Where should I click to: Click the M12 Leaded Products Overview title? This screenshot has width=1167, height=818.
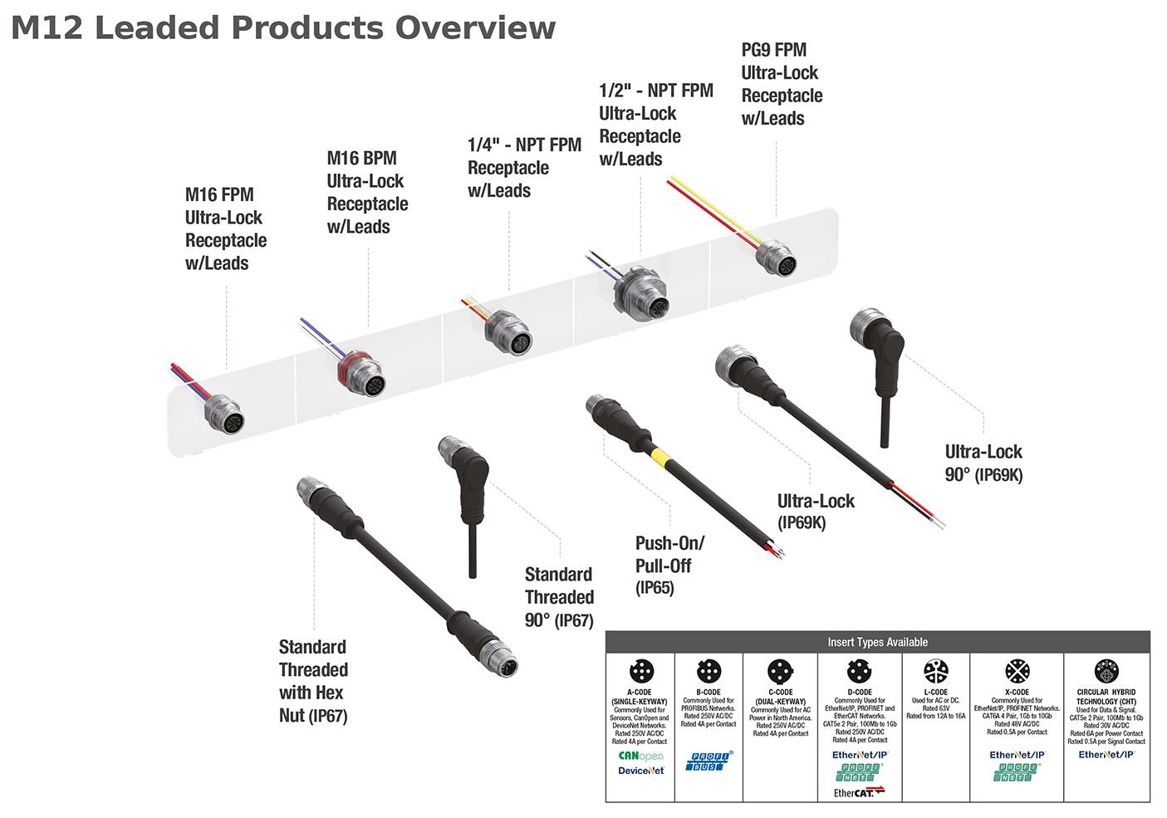pos(282,27)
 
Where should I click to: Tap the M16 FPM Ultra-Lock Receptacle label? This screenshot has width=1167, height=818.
pos(225,228)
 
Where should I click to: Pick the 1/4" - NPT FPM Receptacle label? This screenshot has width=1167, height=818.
pos(523,167)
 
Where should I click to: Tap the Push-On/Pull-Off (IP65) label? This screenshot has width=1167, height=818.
pos(669,565)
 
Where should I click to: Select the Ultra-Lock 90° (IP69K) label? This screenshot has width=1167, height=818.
pos(983,463)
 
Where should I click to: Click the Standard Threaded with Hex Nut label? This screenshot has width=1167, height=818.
pos(313,680)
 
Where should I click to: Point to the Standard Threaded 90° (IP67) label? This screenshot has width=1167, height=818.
pos(559,596)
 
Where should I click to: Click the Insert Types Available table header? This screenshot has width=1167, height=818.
pos(877,642)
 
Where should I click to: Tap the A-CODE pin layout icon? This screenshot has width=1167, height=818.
pos(640,671)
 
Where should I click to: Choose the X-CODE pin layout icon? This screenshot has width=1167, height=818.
pos(1017,671)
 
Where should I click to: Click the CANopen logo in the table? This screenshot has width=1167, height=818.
pos(640,756)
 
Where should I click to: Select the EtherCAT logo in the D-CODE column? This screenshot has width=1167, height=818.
pos(859,792)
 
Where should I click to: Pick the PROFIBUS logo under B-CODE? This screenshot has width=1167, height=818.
pos(709,760)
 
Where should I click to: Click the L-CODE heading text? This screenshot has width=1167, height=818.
pos(935,692)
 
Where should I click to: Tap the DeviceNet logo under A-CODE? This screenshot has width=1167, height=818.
pos(640,771)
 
